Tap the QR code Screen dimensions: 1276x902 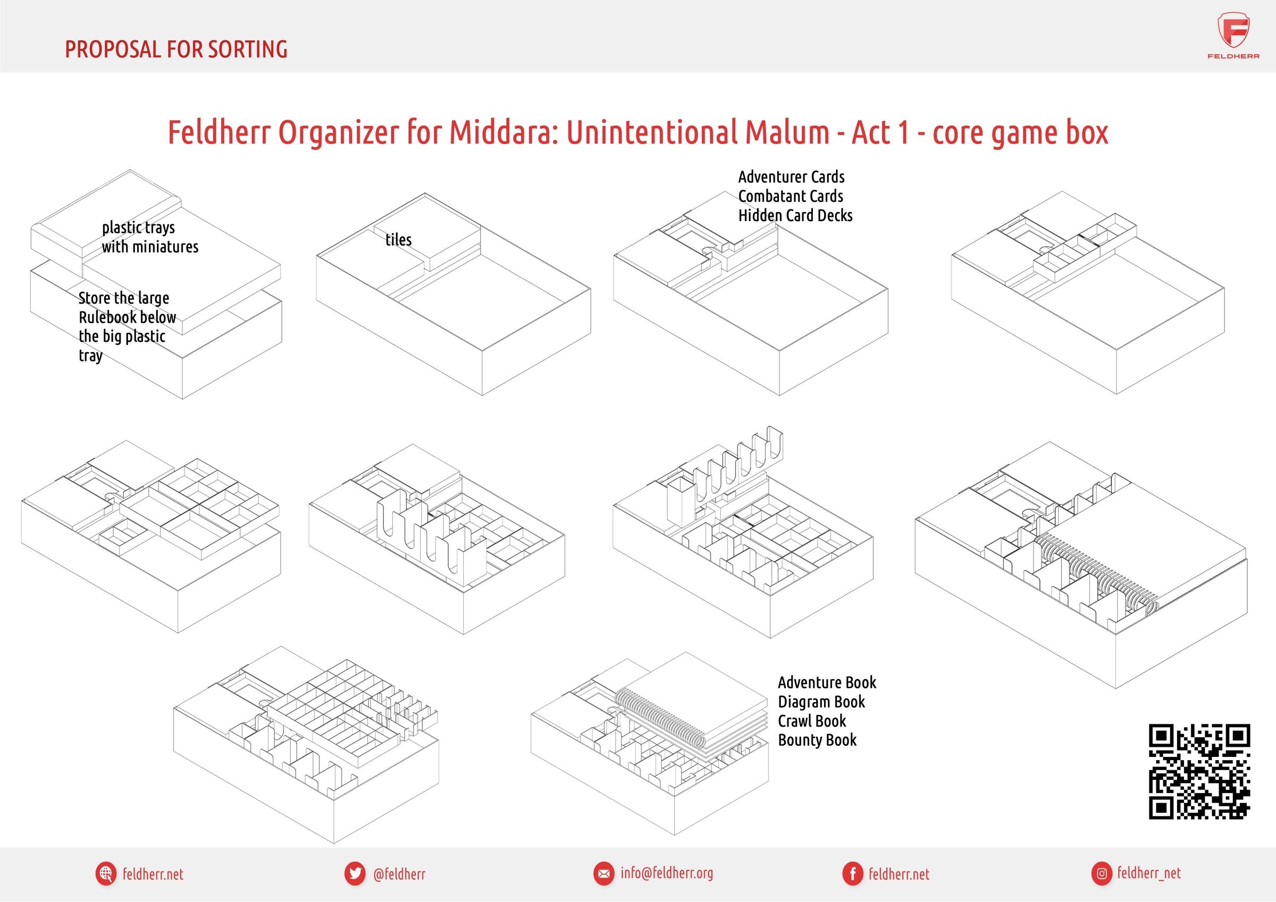coord(1199,771)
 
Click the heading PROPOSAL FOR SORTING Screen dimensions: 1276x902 coord(176,49)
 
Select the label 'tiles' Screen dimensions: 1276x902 coord(398,240)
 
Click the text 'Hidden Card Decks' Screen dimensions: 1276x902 coord(795,215)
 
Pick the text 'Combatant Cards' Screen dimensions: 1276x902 coord(791,196)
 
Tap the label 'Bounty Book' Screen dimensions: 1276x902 coord(817,740)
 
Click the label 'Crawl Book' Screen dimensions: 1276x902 coord(812,721)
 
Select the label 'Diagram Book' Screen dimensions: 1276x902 coord(821,702)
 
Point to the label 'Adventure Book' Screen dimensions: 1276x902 coord(827,682)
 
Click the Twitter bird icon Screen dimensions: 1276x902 coord(355,874)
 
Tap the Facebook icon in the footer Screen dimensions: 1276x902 coord(852,874)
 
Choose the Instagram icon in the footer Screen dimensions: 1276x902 coord(1101,874)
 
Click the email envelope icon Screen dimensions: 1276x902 coord(603,874)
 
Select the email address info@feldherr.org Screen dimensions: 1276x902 coord(667,873)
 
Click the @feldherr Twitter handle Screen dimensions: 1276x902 coord(400,874)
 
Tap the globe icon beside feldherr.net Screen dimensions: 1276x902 coord(106,874)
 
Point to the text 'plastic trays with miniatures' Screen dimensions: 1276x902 coord(150,237)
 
